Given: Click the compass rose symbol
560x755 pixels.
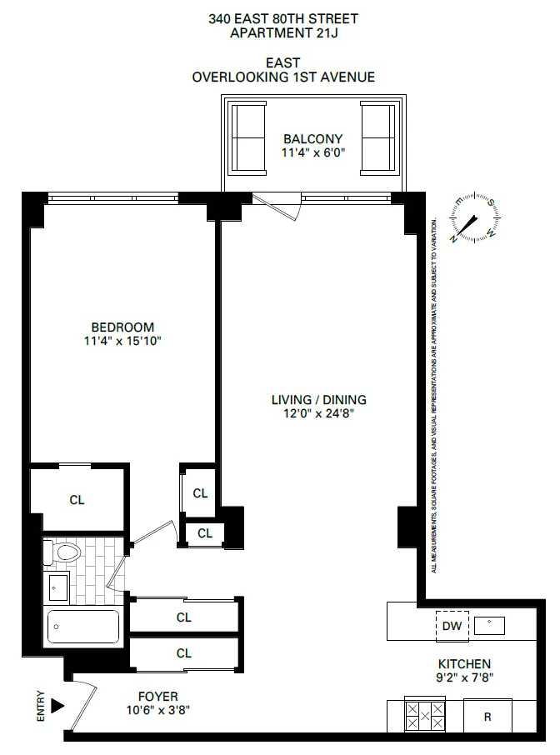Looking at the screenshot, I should [473, 218].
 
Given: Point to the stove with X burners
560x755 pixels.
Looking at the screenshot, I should [425, 715].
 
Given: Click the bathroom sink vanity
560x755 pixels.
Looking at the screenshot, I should [57, 588].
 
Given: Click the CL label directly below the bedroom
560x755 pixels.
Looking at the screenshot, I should [77, 500].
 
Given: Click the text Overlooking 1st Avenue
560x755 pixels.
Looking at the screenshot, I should [283, 77].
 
